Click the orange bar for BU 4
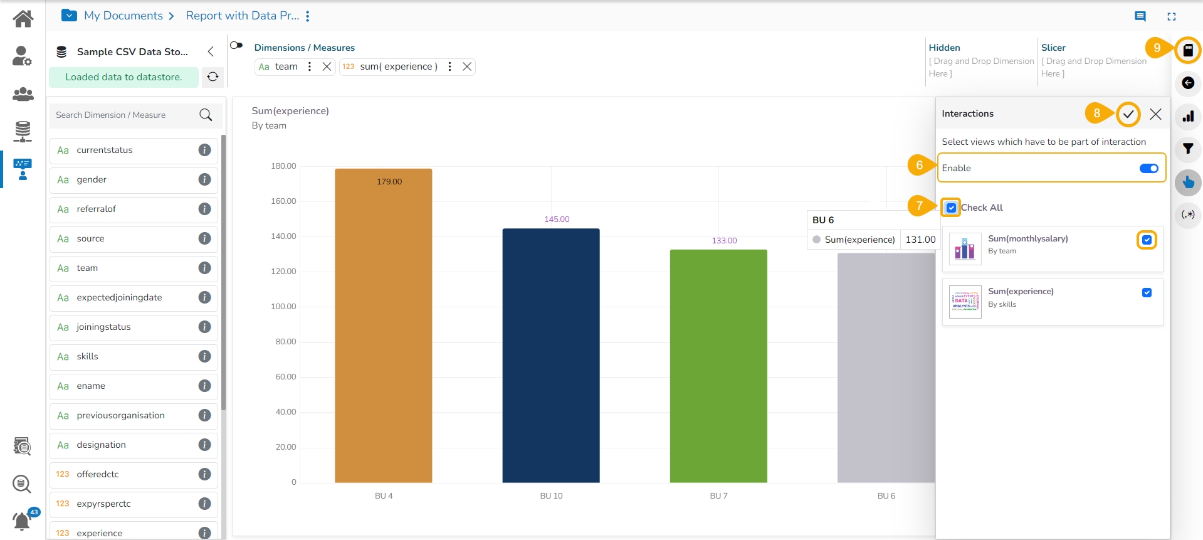pos(383,326)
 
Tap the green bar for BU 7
pos(718,366)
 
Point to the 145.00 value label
pos(557,220)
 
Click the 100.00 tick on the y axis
pos(283,307)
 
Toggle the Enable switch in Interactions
pos(1148,168)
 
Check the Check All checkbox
pos(951,208)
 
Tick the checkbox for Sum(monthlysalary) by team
pos(1147,240)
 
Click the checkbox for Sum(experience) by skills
pos(1147,293)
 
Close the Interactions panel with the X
pos(1155,114)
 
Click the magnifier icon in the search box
pos(206,115)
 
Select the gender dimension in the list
pos(92,180)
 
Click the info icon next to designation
pos(204,445)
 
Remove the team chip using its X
pos(327,66)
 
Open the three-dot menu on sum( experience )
pos(449,66)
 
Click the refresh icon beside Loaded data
pos(213,77)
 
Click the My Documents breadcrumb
pos(123,16)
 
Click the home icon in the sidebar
pos(23,19)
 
